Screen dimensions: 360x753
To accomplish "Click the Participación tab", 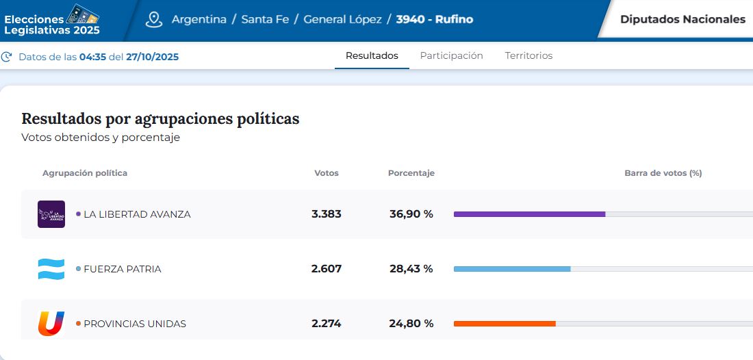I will click(451, 56).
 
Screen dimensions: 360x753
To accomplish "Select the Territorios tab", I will click(528, 56).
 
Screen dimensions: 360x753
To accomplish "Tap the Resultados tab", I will click(372, 56).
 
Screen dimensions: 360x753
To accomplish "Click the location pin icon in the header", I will click(154, 19).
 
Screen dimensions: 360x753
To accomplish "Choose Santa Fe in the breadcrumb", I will click(265, 19).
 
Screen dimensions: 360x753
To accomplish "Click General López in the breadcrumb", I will click(342, 19).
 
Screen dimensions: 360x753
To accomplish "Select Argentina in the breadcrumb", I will click(199, 19).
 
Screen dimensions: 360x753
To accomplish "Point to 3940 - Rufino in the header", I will click(434, 19).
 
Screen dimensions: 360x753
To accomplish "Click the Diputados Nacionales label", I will click(682, 19).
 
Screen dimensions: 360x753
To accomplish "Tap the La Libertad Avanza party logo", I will click(51, 214).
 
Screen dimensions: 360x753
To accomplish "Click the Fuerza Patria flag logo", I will click(51, 269).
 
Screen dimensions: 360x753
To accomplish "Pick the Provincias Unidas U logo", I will click(51, 323).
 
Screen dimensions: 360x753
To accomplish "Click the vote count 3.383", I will click(326, 214).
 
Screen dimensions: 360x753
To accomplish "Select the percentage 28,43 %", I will click(411, 269).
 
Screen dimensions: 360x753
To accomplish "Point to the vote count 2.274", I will click(326, 324).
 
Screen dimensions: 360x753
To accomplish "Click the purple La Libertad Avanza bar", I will click(529, 214).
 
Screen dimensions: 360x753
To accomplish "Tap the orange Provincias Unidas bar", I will click(505, 324).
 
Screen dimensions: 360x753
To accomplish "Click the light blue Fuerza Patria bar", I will click(512, 269).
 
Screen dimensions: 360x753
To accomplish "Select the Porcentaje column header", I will click(411, 173).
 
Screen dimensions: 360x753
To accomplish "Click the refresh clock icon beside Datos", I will click(7, 57).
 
